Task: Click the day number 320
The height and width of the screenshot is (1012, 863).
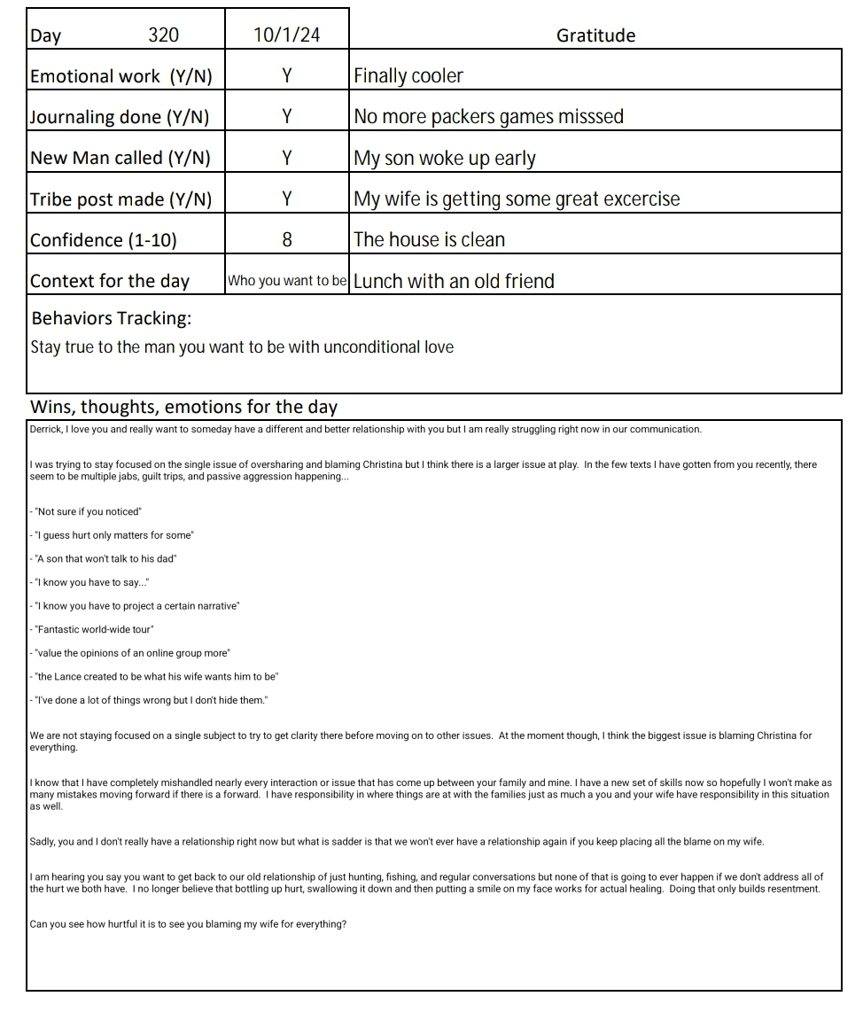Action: pos(163,35)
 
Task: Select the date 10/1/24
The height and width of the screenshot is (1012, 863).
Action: pos(286,35)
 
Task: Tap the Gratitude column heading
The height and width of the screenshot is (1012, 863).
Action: pos(595,35)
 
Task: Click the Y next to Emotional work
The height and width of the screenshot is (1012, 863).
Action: pos(286,76)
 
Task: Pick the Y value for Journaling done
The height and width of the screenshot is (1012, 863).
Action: pos(286,117)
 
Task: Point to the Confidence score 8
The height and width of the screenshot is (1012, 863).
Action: pos(286,239)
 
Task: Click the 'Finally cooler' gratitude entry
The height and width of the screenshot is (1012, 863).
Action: pos(408,76)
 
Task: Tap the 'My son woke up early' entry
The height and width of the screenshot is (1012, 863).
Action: pos(444,159)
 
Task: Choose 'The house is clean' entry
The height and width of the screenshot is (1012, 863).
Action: pos(429,239)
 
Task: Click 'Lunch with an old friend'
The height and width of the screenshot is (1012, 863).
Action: pos(454,281)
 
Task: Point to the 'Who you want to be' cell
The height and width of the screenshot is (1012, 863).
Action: pos(287,281)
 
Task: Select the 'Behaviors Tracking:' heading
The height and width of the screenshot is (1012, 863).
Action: pos(111,318)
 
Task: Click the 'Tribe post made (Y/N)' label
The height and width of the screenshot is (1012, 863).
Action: pos(121,199)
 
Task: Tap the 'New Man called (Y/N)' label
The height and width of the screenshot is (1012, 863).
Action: pos(121,158)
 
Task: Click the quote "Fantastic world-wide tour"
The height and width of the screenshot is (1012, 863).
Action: pos(94,629)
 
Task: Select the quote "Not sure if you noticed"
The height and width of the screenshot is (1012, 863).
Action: pos(89,512)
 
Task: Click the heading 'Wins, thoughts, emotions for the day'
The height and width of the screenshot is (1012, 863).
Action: pos(183,407)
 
